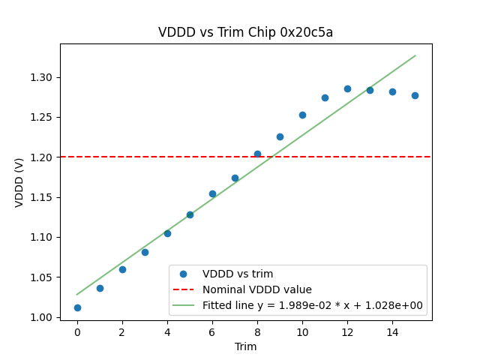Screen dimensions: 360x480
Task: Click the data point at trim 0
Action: click(x=77, y=307)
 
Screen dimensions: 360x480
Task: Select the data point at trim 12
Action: click(x=347, y=88)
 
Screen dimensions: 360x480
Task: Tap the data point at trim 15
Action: click(x=415, y=95)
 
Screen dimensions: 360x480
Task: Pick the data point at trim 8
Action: click(x=257, y=154)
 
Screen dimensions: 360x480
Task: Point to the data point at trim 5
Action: click(x=190, y=214)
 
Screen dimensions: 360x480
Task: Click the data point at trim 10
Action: click(x=302, y=115)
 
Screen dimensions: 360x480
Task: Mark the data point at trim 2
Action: click(x=122, y=269)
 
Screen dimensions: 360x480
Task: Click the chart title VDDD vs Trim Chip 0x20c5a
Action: click(x=245, y=32)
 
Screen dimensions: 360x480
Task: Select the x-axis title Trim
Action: click(x=245, y=346)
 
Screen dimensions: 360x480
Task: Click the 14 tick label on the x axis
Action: click(x=392, y=332)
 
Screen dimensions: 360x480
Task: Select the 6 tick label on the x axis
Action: click(x=212, y=332)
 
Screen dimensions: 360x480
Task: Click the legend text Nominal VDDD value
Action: click(x=256, y=289)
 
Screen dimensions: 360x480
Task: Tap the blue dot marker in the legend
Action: click(x=184, y=274)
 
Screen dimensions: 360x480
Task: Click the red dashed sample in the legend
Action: click(x=184, y=289)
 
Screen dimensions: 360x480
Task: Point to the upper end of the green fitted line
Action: click(x=415, y=55)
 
